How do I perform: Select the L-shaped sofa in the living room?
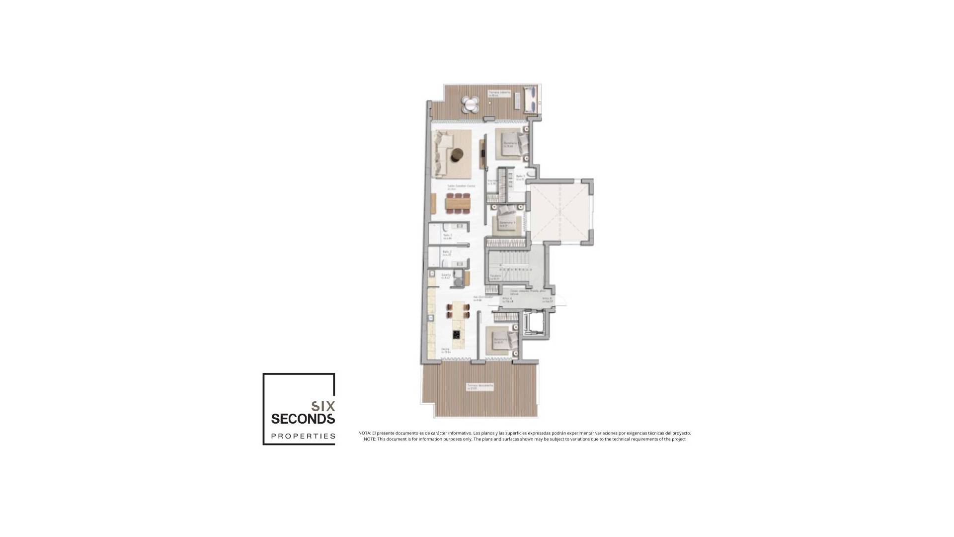click(94, 154)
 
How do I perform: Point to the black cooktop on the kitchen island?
click(108, 334)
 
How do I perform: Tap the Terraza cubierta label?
click(499, 92)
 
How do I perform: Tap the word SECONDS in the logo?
click(303, 419)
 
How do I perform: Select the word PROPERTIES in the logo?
click(303, 437)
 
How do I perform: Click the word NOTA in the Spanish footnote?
click(364, 433)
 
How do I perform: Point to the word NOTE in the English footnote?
click(369, 439)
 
